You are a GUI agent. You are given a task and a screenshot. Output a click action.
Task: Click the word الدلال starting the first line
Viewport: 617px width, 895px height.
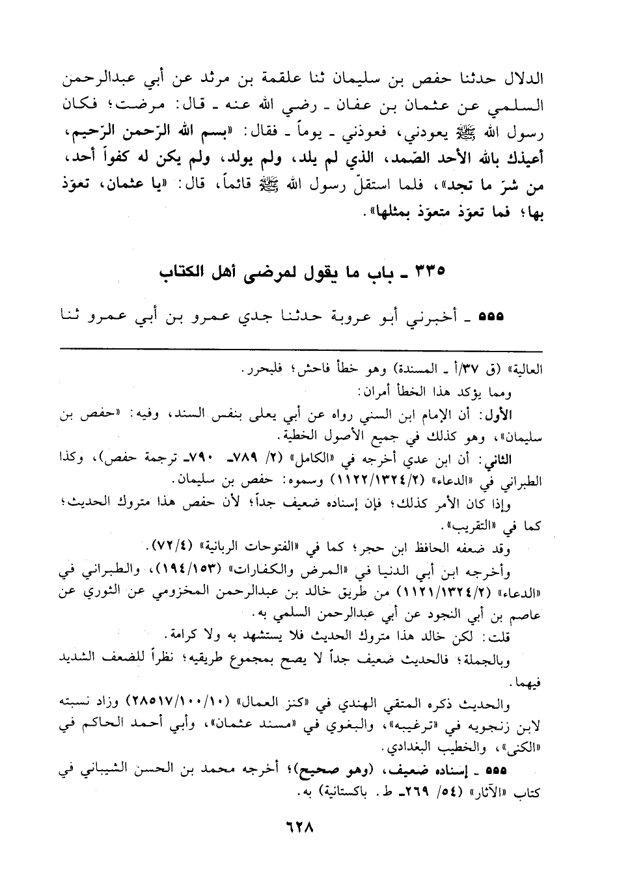point(523,80)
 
